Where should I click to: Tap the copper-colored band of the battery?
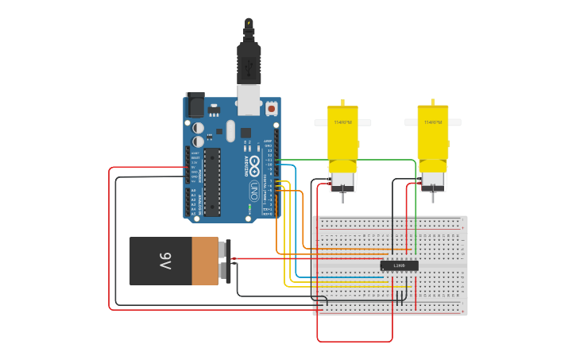[205, 261]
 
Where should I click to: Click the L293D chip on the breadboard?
[399, 265]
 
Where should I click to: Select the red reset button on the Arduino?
[271, 107]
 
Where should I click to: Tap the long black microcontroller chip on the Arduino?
[212, 181]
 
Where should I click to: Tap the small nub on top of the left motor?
[342, 103]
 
